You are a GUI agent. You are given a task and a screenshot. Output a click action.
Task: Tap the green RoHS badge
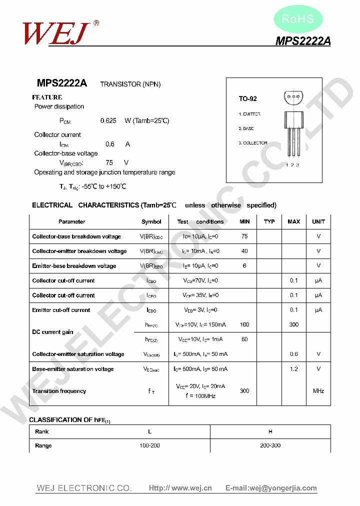[298, 19]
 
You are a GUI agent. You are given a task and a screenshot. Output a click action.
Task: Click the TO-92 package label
[247, 99]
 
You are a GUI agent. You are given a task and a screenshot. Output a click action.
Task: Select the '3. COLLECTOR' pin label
[252, 143]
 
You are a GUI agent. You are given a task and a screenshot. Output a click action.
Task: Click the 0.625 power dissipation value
[108, 120]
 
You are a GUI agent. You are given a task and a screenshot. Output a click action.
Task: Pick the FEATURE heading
[47, 97]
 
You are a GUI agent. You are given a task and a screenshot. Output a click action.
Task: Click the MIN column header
[244, 221]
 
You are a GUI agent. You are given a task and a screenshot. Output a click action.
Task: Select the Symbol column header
[151, 221]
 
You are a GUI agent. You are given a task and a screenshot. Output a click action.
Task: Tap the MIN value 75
[244, 236]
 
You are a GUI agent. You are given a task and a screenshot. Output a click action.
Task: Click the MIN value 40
[244, 251]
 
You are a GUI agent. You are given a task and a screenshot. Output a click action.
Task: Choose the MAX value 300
[294, 324]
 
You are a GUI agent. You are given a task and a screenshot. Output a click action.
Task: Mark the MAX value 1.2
[294, 369]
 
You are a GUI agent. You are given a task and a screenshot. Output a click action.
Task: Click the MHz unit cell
[318, 391]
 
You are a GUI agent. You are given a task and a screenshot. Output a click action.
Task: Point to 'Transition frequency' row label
[59, 391]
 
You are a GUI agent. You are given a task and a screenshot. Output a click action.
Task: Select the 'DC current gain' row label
[53, 332]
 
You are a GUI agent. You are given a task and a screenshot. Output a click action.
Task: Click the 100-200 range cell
[150, 445]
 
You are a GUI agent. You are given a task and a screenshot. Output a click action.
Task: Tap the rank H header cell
[270, 431]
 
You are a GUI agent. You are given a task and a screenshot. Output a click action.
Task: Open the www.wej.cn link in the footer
[180, 488]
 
